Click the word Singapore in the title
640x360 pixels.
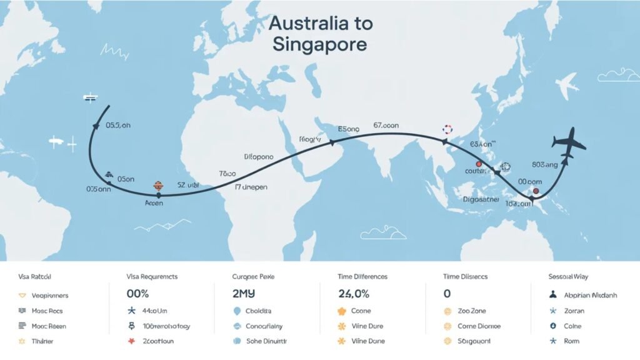[x=319, y=46]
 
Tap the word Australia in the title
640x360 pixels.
[x=320, y=24]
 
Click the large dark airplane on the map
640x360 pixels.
[x=569, y=144]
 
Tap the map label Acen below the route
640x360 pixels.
[x=154, y=203]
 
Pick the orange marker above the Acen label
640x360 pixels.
[x=157, y=186]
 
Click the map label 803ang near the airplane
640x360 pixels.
[x=544, y=165]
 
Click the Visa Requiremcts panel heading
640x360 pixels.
[x=152, y=276]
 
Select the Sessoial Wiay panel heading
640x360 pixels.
[x=562, y=276]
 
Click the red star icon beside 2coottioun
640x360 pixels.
[x=131, y=341]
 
